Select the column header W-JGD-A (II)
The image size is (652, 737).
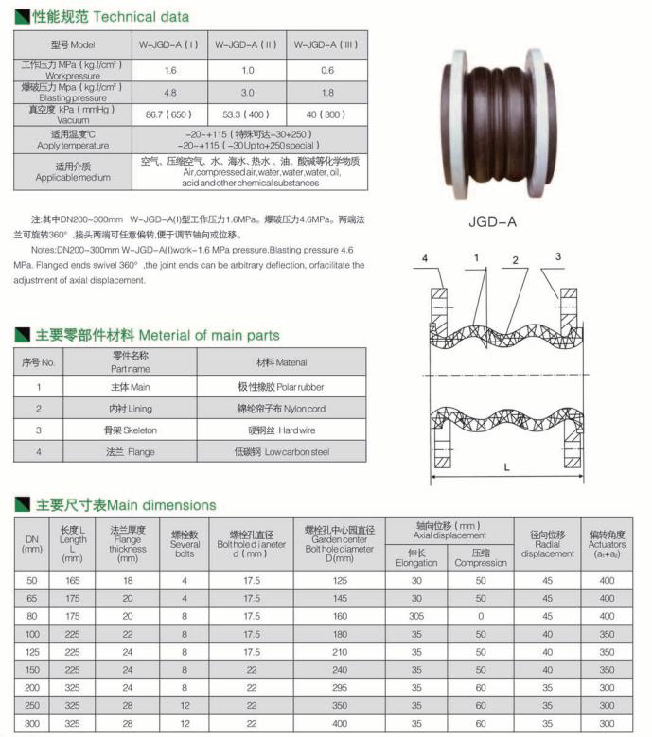pos(246,45)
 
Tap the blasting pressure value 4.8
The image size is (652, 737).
pos(170,93)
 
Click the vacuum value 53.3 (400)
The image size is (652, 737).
pos(246,114)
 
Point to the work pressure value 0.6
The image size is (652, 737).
pos(326,71)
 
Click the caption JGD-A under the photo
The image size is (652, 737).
pos(492,223)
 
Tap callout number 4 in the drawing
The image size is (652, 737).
pos(425,258)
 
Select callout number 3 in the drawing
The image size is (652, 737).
pos(558,256)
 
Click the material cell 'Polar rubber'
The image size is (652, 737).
pos(281,387)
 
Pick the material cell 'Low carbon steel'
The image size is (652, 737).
pos(281,452)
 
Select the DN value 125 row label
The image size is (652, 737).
pos(32,651)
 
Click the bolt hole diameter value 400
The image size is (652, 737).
pos(340,723)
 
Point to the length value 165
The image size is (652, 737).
pos(73,579)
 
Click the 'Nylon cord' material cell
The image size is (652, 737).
pos(281,409)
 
